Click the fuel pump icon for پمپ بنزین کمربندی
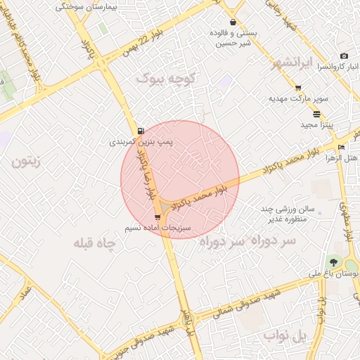click(x=142, y=131)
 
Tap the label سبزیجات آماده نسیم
click(x=146, y=229)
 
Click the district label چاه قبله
click(x=94, y=243)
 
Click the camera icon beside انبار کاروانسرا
click(x=344, y=56)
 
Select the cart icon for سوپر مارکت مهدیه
click(x=298, y=87)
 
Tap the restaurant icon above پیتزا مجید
click(x=316, y=114)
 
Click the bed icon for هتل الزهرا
click(x=341, y=147)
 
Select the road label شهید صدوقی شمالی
click(x=247, y=302)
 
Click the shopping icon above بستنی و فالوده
click(x=233, y=22)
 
